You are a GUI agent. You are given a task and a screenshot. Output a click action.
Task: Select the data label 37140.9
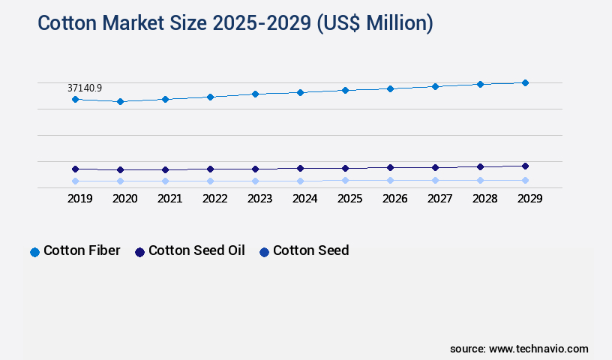85,88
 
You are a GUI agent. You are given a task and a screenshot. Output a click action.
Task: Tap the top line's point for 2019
75,99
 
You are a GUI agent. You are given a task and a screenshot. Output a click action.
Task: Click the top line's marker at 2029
525,82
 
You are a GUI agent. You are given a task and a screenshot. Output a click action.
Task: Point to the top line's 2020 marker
120,101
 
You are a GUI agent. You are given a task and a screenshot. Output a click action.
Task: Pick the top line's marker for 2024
300,92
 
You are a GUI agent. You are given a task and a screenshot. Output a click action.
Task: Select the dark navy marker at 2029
525,166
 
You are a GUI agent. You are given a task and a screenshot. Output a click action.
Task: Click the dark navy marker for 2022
210,169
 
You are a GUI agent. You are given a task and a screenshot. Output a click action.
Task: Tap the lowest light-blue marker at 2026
390,180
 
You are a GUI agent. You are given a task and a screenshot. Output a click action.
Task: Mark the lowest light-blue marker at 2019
75,181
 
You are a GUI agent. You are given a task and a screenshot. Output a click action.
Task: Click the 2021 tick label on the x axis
169,199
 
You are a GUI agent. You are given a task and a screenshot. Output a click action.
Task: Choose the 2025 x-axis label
349,199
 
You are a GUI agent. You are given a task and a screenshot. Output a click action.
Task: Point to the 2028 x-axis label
484,199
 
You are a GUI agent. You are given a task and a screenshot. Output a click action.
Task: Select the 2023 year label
259,199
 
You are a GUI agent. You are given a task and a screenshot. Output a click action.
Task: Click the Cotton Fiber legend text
82,250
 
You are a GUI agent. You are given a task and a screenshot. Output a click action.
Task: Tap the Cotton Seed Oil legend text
196,250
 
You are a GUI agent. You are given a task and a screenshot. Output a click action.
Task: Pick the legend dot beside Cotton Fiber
34,252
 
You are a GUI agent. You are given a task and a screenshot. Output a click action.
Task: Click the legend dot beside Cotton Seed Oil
139,252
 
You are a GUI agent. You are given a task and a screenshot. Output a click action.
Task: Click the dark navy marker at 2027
435,167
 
